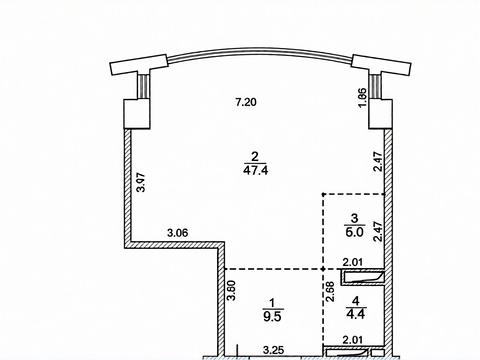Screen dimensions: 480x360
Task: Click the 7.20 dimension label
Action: [246, 102]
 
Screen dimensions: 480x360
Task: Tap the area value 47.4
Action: [256, 171]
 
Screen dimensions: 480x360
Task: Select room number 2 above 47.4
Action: [255, 156]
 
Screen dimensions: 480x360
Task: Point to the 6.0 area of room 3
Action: [354, 232]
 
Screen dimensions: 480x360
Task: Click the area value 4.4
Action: [356, 314]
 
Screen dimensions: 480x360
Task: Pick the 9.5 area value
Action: [273, 316]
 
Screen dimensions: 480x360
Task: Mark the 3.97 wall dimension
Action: [142, 182]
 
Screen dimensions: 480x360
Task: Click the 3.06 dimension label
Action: [178, 233]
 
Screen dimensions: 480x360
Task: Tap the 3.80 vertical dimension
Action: [231, 290]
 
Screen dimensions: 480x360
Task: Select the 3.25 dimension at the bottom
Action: [274, 350]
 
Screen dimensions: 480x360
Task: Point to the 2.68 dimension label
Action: [330, 292]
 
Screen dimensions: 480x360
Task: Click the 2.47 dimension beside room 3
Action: [378, 231]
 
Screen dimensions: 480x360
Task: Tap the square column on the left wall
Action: [137, 114]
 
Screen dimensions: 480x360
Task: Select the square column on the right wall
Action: [380, 114]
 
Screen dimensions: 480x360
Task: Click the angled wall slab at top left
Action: [138, 65]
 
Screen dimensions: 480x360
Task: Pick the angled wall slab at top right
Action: [382, 65]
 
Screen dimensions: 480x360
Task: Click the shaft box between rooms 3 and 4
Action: [363, 278]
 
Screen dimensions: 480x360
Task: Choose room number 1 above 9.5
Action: [273, 303]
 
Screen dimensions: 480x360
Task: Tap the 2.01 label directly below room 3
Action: [353, 263]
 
